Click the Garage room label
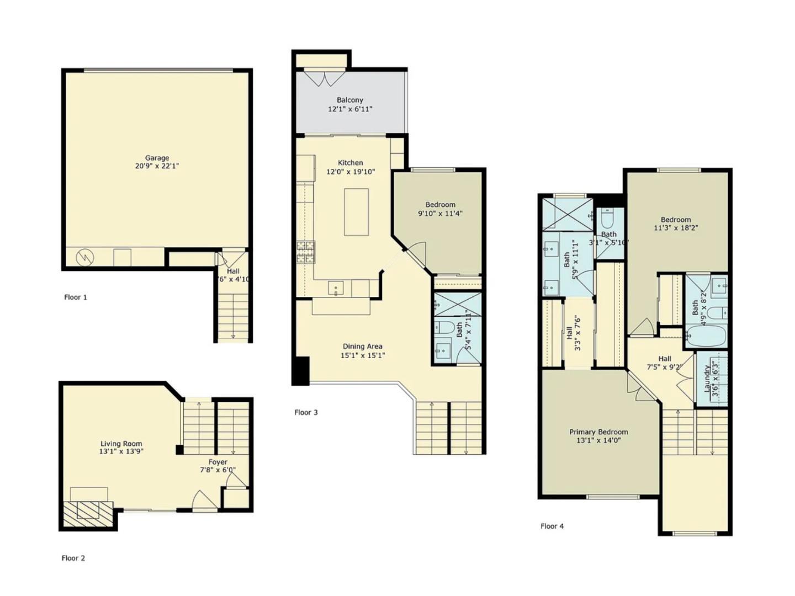157,158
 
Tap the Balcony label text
350,100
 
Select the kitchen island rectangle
357,212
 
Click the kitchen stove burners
305,252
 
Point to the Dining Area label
362,347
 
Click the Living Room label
121,444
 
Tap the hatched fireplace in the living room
87,513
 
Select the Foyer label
218,462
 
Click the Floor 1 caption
76,297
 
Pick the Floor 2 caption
73,558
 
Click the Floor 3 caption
306,412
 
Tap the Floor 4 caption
552,526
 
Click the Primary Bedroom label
598,432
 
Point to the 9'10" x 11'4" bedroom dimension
440,213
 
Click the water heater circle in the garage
86,257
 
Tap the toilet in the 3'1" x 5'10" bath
607,219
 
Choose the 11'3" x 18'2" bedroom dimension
676,227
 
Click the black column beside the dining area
301,371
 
